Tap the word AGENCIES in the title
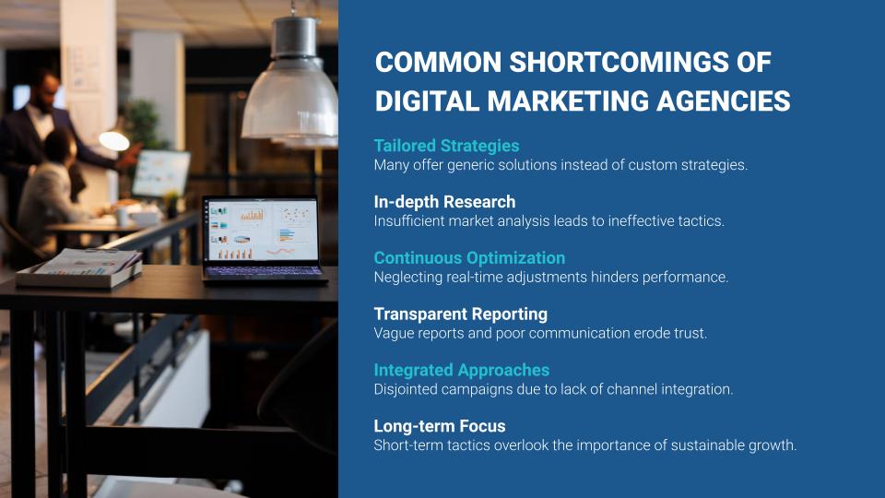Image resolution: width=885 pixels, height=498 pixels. point(723,101)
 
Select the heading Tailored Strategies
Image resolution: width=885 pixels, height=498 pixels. point(446,146)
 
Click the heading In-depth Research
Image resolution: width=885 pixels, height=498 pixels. point(444,202)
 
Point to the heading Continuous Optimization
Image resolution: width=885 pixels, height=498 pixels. point(469,258)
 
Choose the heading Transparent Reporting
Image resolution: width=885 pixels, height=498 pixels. point(461,314)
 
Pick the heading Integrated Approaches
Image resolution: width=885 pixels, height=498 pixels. point(462,370)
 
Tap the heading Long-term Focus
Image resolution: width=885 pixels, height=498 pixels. point(440,426)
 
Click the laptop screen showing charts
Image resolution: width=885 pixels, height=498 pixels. point(260,230)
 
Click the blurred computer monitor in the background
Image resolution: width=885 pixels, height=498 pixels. point(160,173)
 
